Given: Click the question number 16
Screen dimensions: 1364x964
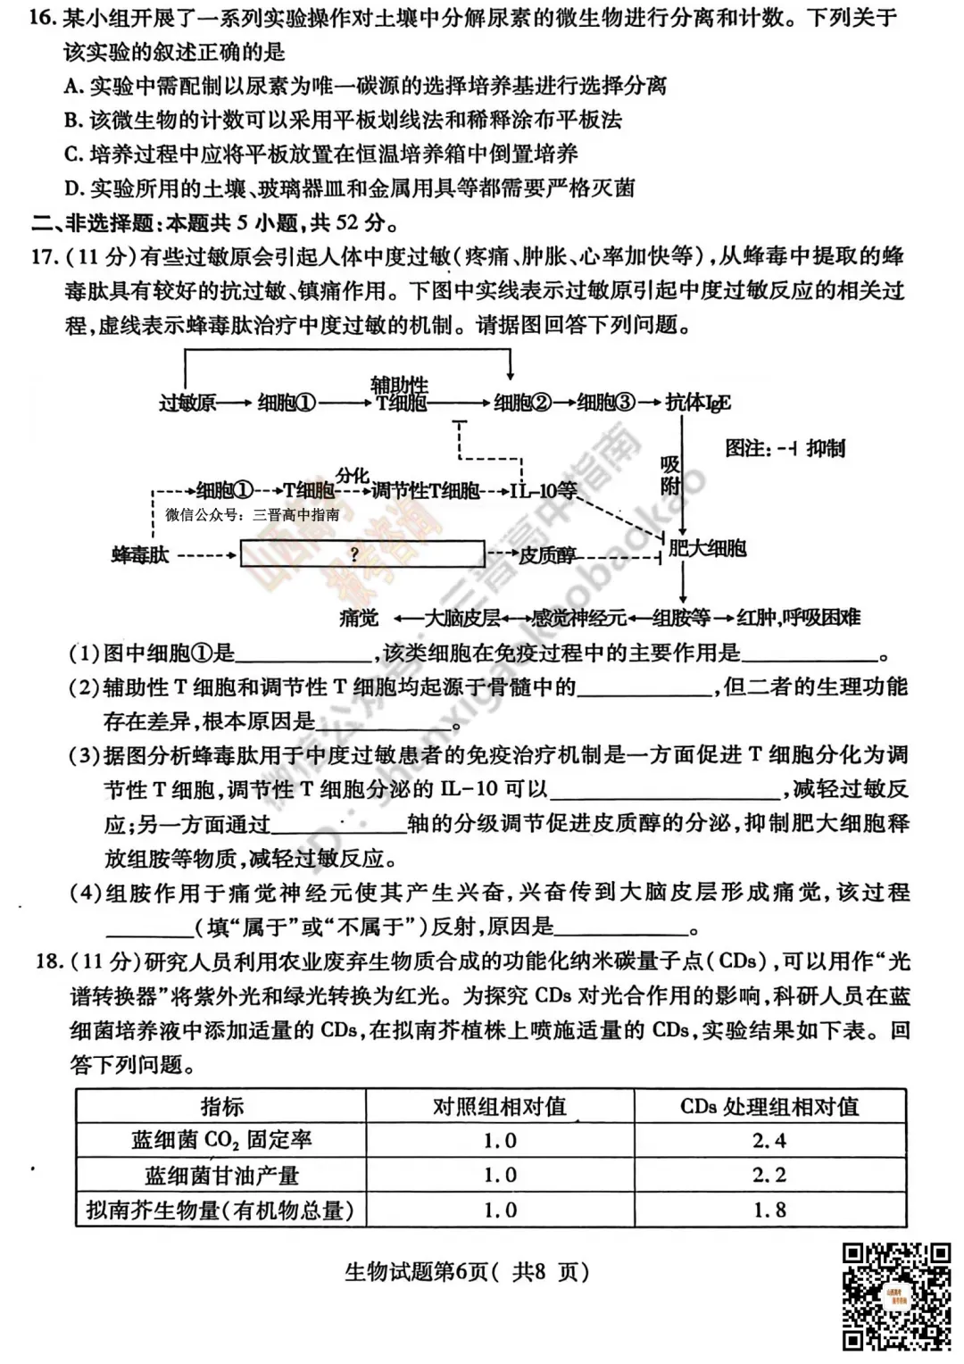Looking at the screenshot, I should [42, 19].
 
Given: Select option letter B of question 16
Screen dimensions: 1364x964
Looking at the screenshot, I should [72, 121].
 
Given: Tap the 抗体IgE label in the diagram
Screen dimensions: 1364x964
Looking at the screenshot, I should [697, 403].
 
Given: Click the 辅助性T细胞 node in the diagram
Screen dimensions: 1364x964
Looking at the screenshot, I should [400, 395].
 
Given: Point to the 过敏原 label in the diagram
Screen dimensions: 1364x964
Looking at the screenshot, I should [187, 403].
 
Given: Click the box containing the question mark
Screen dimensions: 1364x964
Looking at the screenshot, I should [355, 555].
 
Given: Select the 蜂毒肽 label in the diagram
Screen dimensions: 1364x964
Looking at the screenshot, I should [140, 555].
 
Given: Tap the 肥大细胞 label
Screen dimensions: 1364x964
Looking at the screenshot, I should [707, 548].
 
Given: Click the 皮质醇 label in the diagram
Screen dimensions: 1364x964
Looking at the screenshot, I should [547, 555].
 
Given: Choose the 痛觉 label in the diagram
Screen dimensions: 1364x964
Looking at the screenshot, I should [359, 617].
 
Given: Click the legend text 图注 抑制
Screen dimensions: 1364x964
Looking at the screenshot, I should [785, 448].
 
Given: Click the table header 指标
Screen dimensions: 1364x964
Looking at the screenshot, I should [221, 1107].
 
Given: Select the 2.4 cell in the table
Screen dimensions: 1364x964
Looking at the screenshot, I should [769, 1141].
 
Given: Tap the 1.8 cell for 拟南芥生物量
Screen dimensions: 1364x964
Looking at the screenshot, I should [769, 1210].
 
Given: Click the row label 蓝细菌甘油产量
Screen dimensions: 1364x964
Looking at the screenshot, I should [221, 1176].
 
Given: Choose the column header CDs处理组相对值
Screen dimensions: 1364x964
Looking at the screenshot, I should [769, 1107].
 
